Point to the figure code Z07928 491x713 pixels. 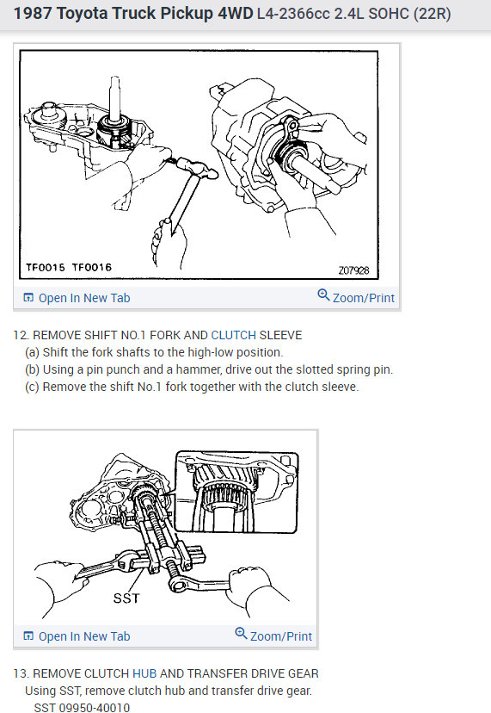pyautogui.click(x=353, y=270)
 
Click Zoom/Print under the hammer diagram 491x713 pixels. pyautogui.click(x=363, y=297)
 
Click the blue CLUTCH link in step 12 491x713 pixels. pyautogui.click(x=233, y=334)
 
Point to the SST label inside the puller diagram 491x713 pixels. pyautogui.click(x=127, y=596)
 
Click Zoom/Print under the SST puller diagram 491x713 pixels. pyautogui.click(x=280, y=635)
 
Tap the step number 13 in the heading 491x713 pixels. pyautogui.click(x=19, y=673)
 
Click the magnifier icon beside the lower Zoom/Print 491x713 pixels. pyautogui.click(x=241, y=635)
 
